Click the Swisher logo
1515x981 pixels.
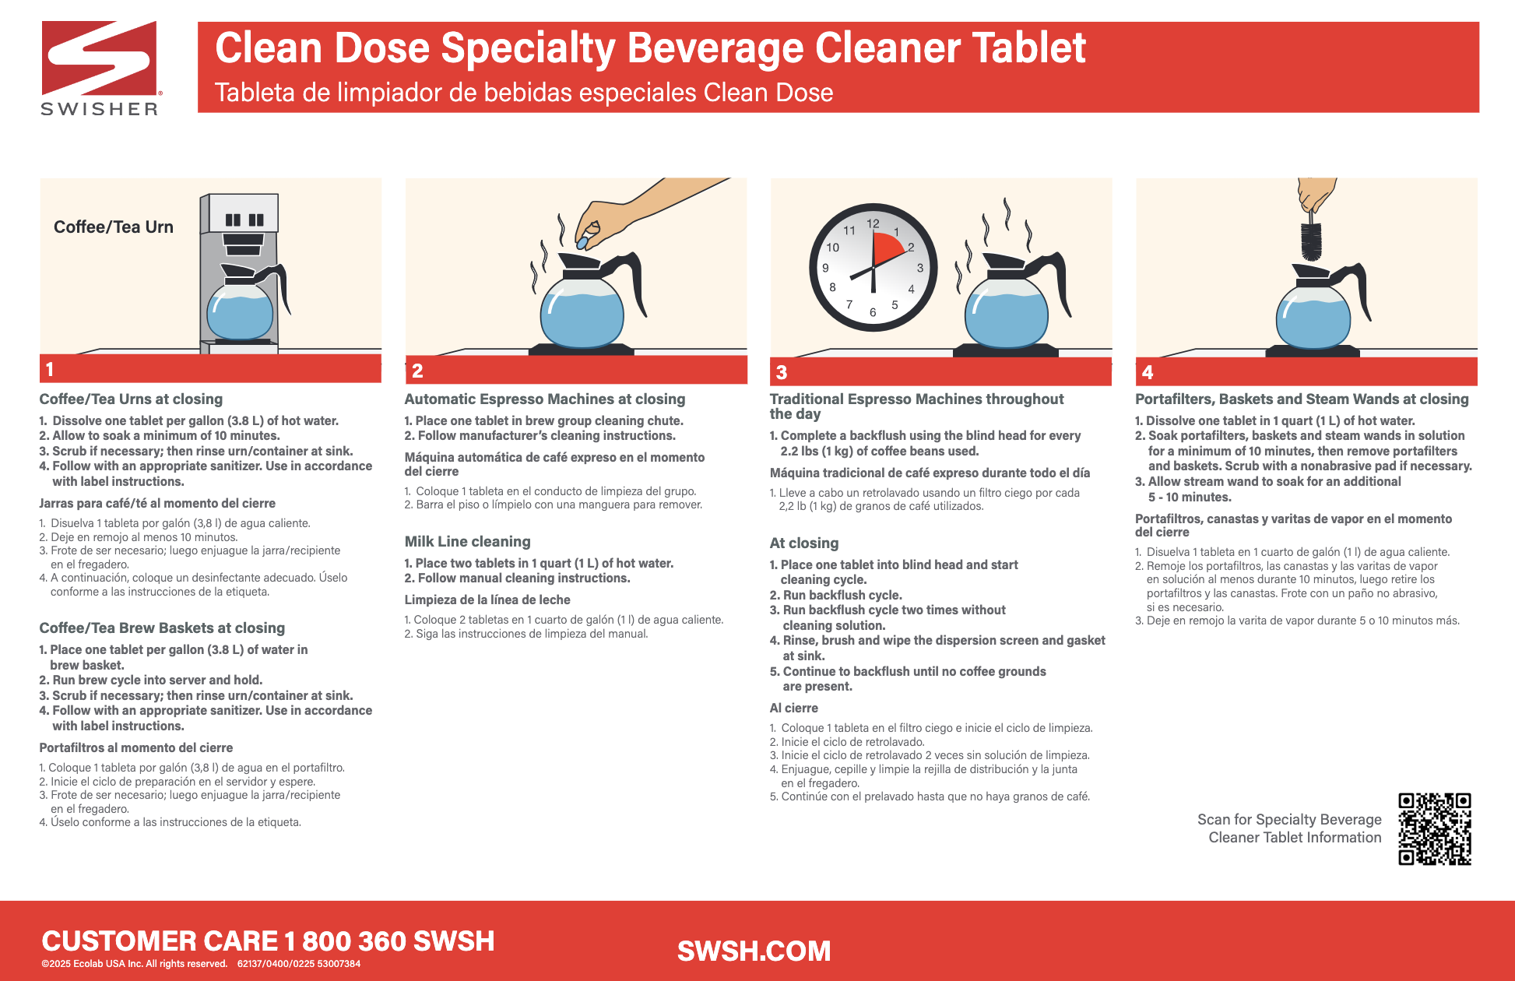[x=100, y=69]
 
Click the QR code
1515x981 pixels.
[x=1434, y=828]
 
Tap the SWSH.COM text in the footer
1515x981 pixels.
[x=754, y=951]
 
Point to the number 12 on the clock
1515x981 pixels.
[x=873, y=224]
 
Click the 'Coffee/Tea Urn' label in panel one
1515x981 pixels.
[x=114, y=227]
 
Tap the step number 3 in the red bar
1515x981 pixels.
[x=782, y=373]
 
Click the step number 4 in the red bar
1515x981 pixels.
[x=1147, y=373]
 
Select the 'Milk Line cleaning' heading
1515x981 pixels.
[x=467, y=542]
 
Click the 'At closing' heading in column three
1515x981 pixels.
[x=803, y=543]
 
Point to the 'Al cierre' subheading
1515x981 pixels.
[x=793, y=708]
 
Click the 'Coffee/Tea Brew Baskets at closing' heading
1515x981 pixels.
[x=162, y=628]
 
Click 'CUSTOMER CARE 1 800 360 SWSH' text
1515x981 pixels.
[x=268, y=941]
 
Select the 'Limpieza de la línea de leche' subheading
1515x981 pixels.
[x=487, y=600]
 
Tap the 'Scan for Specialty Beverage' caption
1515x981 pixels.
[x=1288, y=820]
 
